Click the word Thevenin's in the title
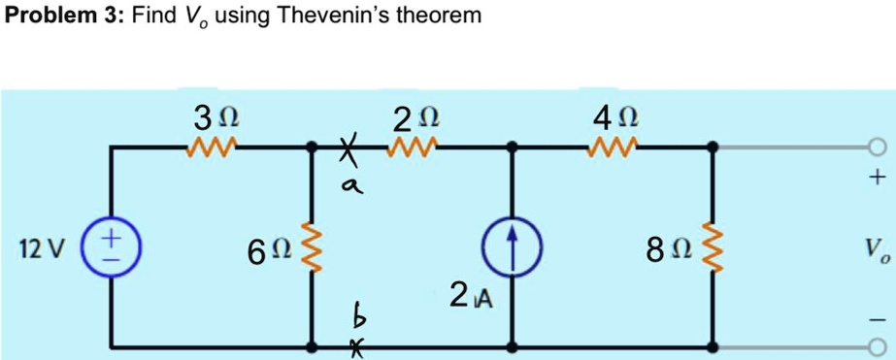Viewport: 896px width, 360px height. point(335,16)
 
